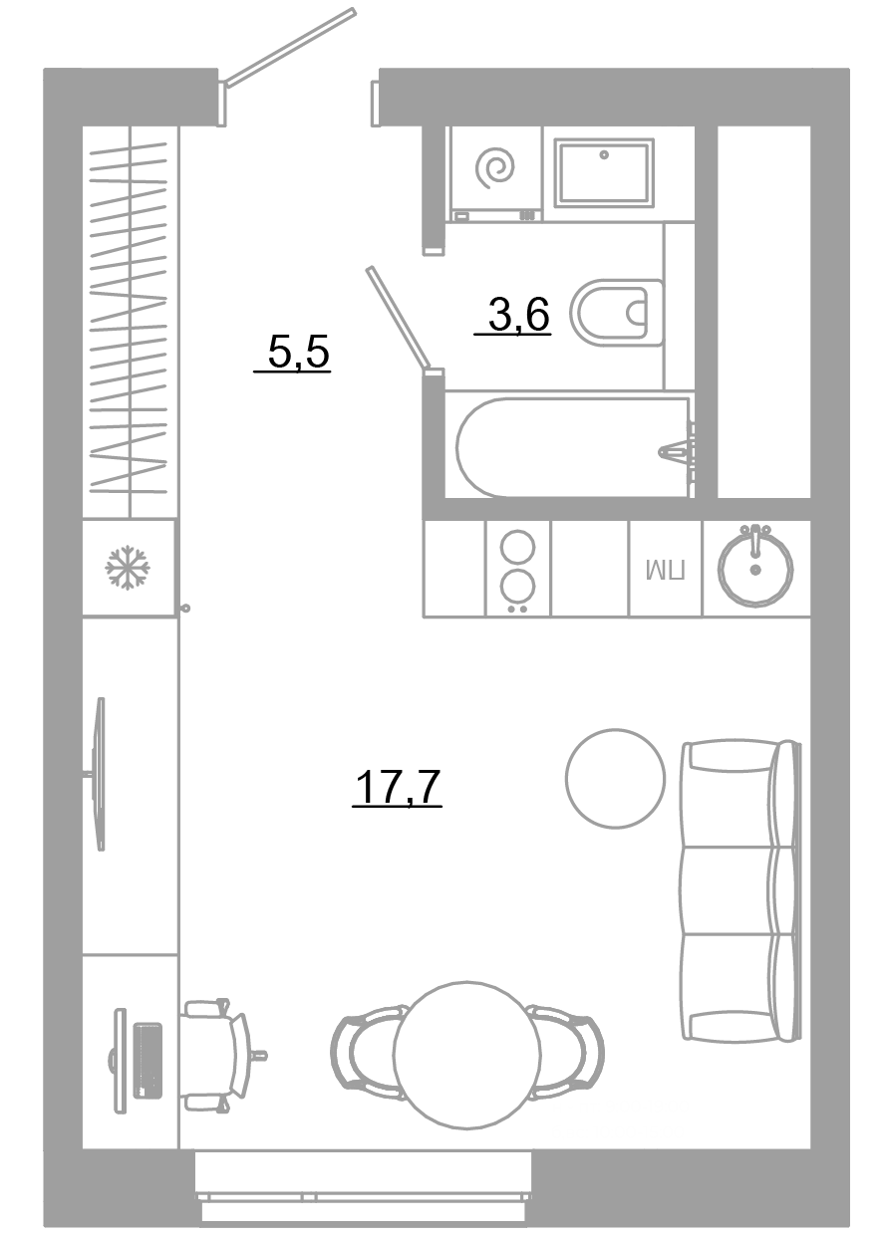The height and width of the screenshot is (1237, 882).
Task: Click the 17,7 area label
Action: tap(397, 787)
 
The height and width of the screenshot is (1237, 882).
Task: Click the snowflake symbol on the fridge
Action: tap(128, 568)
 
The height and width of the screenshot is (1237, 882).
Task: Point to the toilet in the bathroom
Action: tap(617, 313)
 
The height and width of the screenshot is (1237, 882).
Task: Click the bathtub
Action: tap(575, 447)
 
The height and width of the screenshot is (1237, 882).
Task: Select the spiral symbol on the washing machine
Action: tap(495, 167)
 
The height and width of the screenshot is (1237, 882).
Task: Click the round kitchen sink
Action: tap(754, 569)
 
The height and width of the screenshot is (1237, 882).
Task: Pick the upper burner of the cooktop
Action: tap(518, 547)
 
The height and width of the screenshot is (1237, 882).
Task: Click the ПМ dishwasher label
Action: tap(666, 570)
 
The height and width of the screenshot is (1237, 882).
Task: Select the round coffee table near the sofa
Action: tap(615, 778)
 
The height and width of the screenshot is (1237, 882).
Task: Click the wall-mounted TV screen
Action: tap(100, 774)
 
